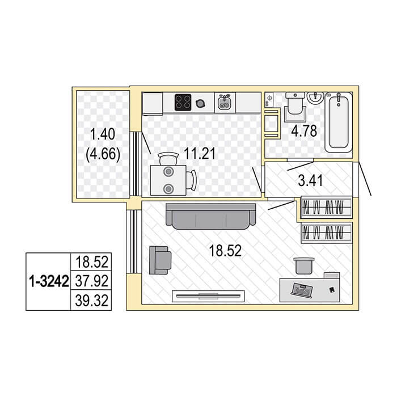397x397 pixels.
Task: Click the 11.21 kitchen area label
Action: coord(200,154)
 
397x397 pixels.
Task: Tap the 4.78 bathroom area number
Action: coord(304,131)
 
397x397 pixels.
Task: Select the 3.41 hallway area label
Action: coord(310,181)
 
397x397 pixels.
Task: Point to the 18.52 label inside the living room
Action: coord(225,251)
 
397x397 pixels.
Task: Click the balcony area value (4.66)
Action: coord(103,154)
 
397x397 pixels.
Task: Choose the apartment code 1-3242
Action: coord(49,281)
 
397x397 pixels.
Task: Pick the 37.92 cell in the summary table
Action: coord(92,281)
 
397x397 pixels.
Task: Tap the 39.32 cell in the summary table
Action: coord(92,301)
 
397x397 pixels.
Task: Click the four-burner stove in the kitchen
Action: coord(183,102)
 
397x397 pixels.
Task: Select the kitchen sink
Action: coord(225,103)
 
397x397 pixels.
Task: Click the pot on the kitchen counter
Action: coord(200,103)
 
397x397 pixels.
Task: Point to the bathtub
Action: coord(339,123)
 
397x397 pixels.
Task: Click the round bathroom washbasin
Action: coord(315,98)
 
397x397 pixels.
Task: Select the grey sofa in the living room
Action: coord(210,216)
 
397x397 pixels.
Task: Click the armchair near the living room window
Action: coord(160,260)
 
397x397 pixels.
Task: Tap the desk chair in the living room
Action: coord(304,265)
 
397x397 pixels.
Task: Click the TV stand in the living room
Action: coord(208,296)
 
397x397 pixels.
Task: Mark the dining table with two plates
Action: coord(168,180)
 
